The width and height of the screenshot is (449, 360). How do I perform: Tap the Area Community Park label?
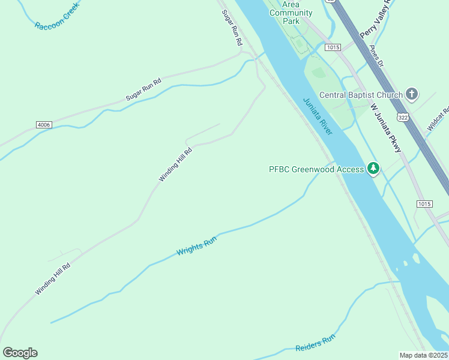click(291, 13)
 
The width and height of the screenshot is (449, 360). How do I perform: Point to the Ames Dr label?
click(376, 56)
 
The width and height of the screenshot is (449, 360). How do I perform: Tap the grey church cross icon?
click(412, 94)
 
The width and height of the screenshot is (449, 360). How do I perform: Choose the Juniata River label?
click(318, 116)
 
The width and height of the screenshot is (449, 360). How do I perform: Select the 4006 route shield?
click(43, 125)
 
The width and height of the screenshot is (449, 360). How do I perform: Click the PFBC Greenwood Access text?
click(316, 169)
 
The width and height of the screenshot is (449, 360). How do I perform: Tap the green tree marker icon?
click(374, 169)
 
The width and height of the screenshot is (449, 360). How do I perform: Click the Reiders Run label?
click(315, 344)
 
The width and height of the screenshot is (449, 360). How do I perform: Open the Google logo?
click(20, 352)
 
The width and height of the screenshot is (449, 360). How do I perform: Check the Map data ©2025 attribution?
click(424, 355)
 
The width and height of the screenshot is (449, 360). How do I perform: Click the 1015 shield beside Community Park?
click(333, 47)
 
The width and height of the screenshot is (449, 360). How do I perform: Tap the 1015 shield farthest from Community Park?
click(424, 204)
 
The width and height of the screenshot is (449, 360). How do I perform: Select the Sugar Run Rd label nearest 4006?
click(144, 89)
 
